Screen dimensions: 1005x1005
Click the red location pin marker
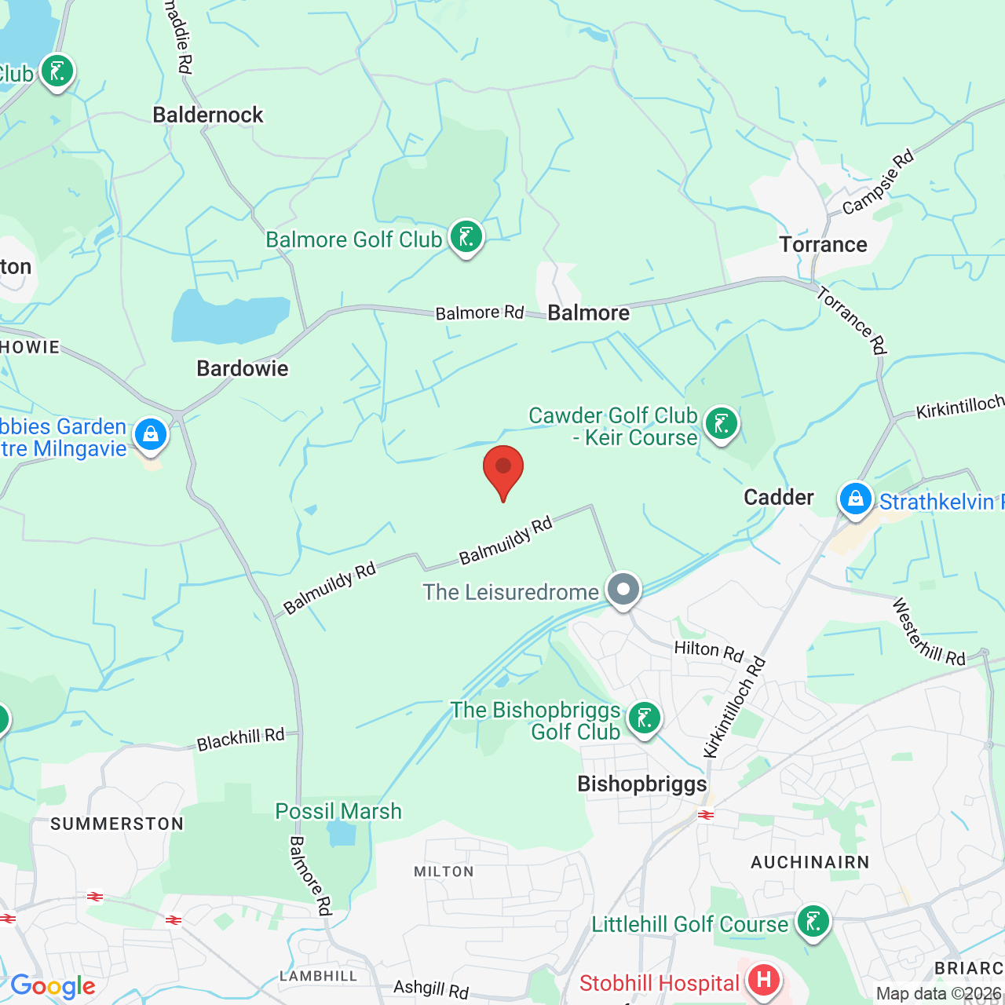(x=503, y=469)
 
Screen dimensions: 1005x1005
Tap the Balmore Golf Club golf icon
(x=466, y=236)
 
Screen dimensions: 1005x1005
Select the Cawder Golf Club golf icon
(x=721, y=424)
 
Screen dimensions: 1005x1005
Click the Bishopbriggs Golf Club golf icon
(x=645, y=718)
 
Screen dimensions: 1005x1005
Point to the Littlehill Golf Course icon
(x=813, y=921)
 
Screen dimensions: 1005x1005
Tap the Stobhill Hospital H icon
(x=763, y=980)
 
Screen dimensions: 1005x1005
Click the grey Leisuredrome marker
(x=624, y=589)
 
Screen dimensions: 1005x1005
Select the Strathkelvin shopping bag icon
(x=855, y=499)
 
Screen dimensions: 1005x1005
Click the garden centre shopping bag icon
(x=151, y=433)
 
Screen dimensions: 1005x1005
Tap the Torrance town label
(x=823, y=245)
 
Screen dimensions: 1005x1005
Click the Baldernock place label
(x=208, y=115)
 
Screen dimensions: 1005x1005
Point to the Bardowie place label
(x=243, y=368)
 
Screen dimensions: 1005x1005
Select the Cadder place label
(x=778, y=498)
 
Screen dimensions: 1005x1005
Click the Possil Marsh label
(x=338, y=811)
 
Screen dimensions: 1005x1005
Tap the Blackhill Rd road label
(x=240, y=740)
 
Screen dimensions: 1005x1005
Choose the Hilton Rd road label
(x=709, y=650)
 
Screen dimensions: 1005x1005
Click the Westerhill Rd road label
(x=928, y=633)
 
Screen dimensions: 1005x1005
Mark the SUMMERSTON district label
(x=117, y=824)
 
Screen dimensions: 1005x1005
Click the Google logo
(x=53, y=986)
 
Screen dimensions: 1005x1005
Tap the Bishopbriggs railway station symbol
(x=706, y=815)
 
